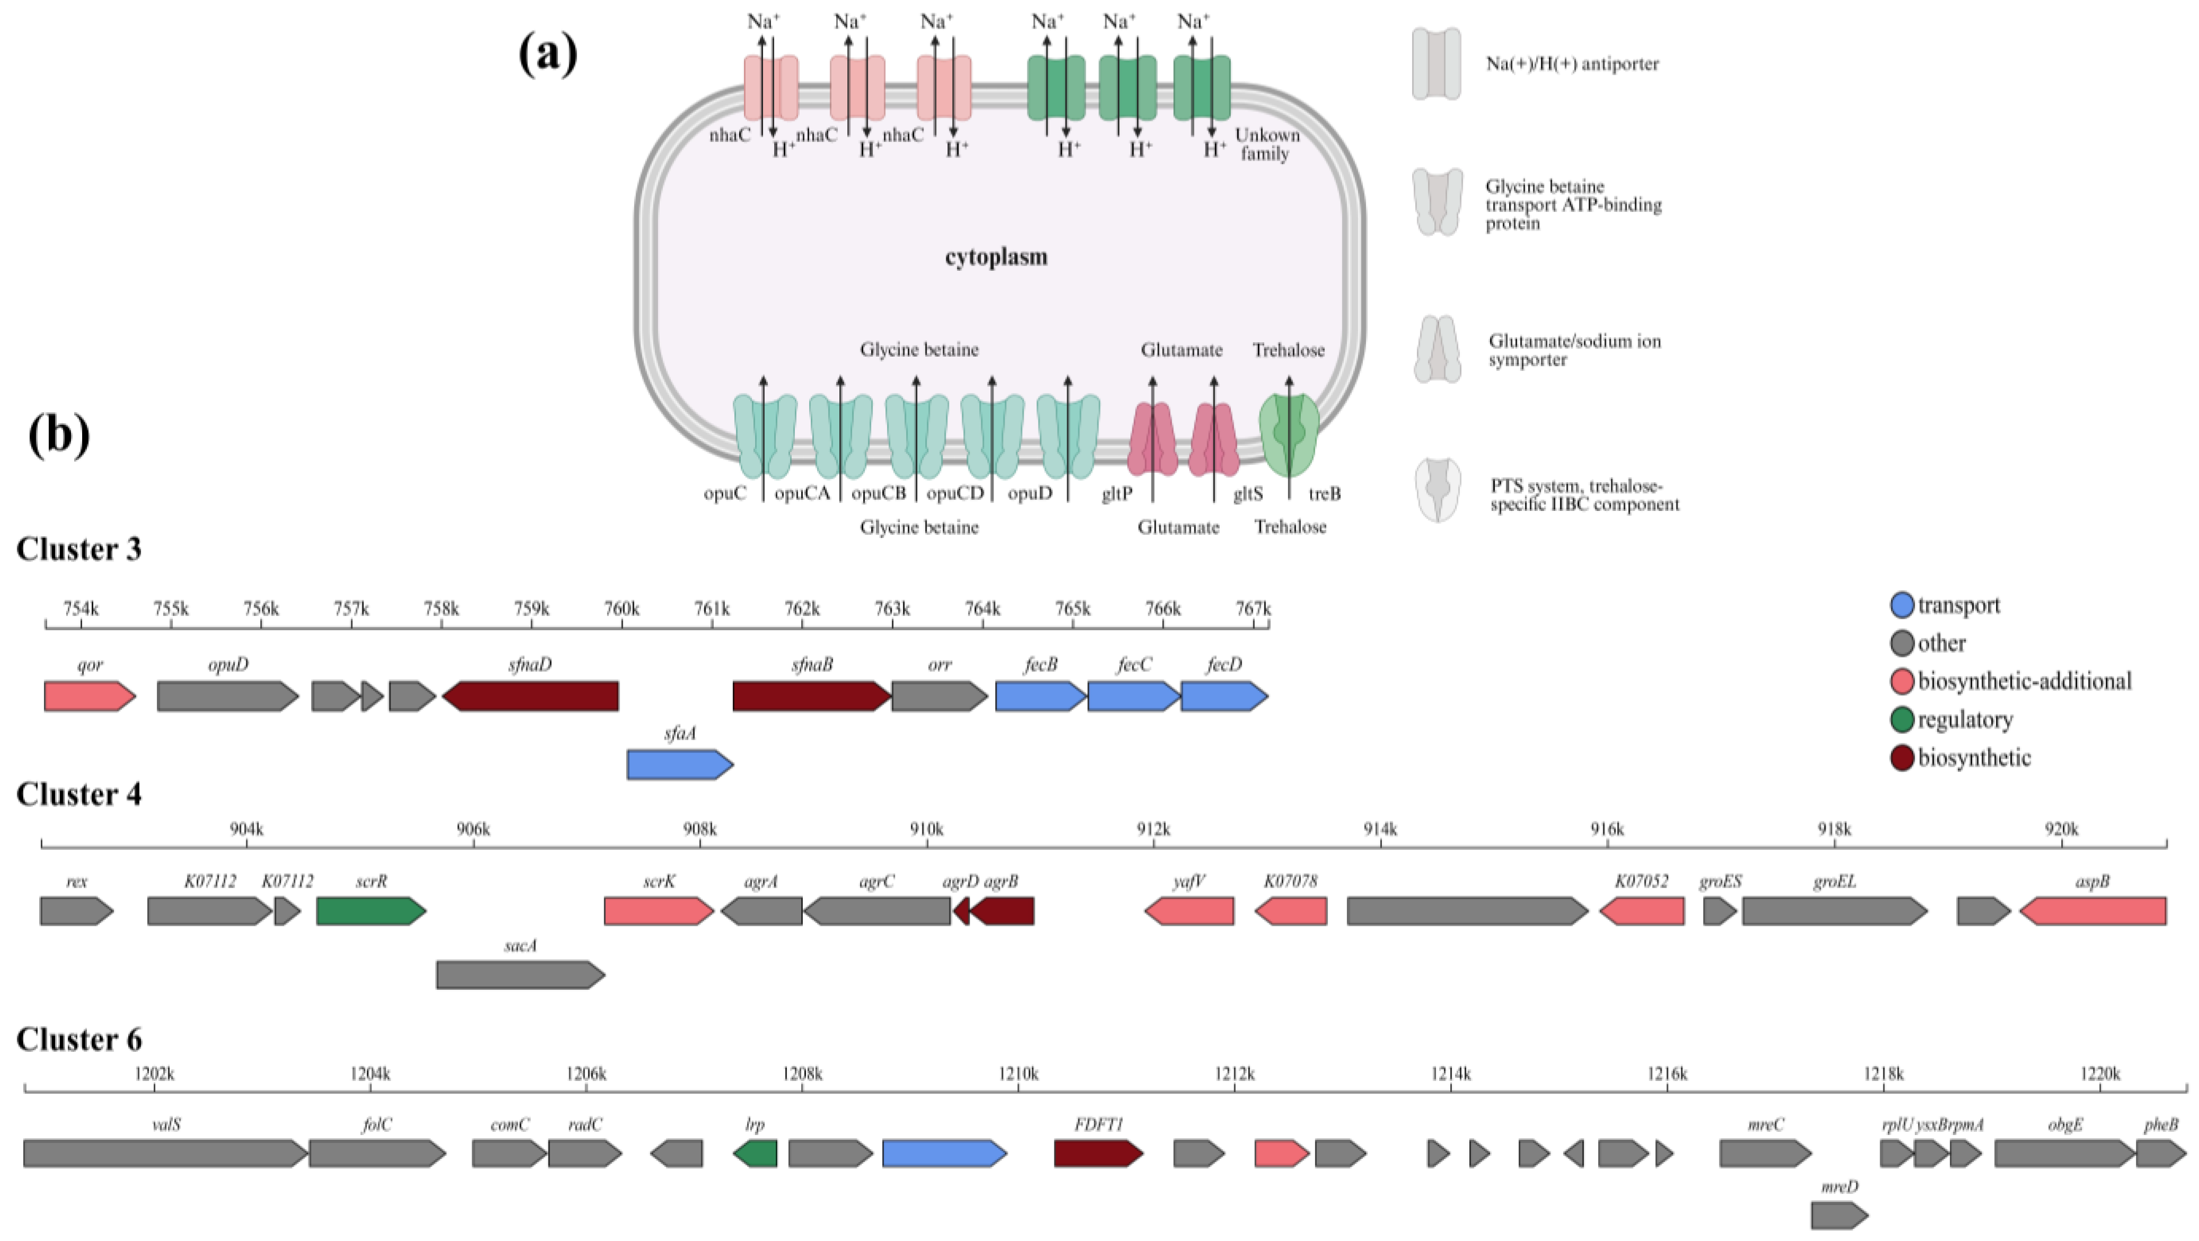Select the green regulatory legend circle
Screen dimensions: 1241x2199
tap(1902, 720)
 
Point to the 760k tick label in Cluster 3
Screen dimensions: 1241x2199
tap(622, 608)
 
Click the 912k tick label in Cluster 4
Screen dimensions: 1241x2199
tap(1153, 829)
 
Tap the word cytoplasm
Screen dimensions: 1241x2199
tap(995, 257)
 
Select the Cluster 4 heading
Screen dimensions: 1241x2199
tap(78, 795)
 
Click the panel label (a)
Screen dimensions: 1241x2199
tap(548, 54)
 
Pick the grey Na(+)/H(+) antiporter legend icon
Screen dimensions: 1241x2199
tap(1436, 64)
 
